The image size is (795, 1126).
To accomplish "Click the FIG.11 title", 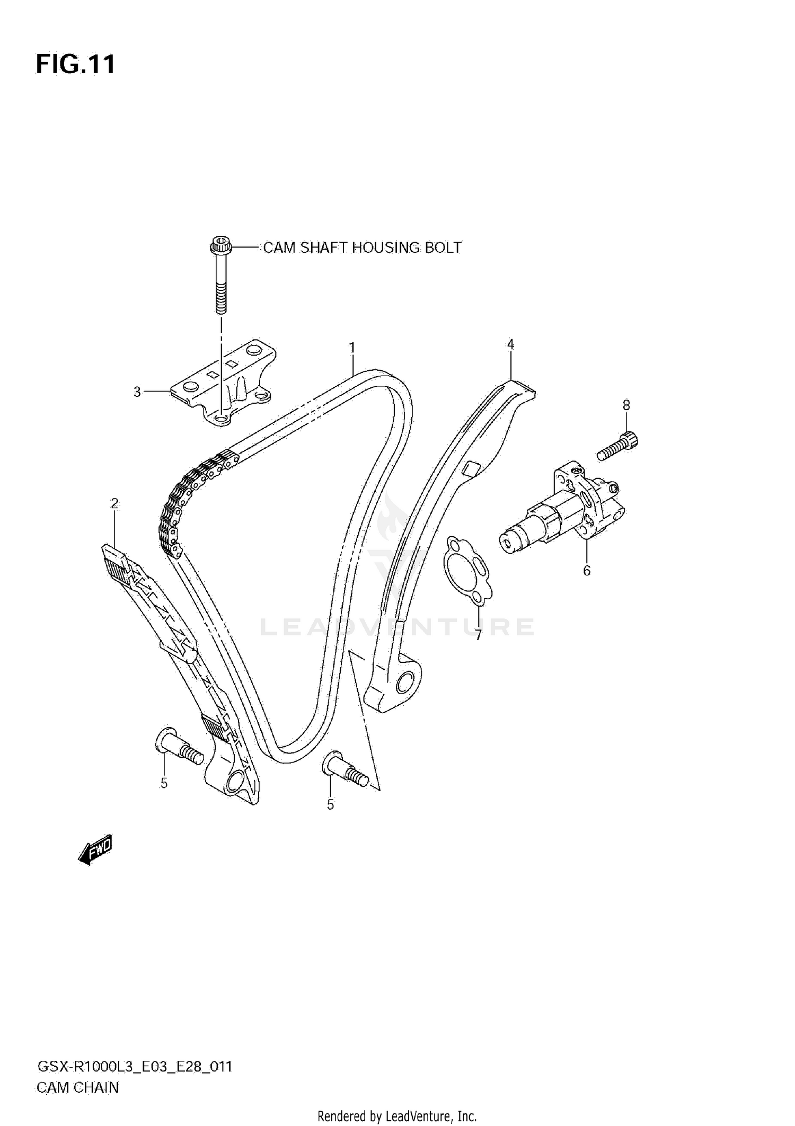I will pos(75,64).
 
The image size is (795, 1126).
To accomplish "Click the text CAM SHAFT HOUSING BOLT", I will pos(362,247).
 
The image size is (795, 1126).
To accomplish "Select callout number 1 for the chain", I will pos(351,348).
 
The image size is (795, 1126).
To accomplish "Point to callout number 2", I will pos(114,503).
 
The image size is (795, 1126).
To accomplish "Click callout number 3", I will pos(137,392).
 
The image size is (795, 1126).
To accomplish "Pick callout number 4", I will pos(510,345).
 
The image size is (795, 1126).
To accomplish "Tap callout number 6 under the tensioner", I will pos(586,571).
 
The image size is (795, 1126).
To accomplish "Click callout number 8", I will pos(626,405).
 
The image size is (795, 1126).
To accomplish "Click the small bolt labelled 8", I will pos(618,446).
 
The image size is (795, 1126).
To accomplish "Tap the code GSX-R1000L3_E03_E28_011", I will pos(134,1067).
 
